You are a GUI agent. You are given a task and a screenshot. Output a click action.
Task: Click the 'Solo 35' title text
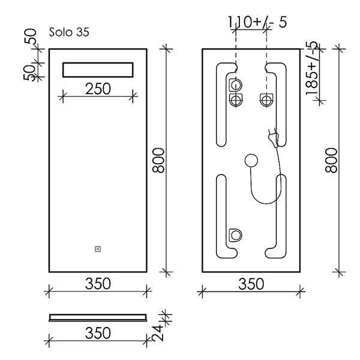tap(69, 32)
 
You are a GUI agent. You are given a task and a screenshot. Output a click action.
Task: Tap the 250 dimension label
tap(98, 89)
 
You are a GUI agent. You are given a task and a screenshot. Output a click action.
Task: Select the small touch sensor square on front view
tap(98, 249)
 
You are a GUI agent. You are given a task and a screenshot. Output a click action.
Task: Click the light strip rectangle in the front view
tap(98, 70)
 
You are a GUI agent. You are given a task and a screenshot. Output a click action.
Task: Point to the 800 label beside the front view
tap(158, 160)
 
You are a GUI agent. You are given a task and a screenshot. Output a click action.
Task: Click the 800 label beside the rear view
tap(331, 160)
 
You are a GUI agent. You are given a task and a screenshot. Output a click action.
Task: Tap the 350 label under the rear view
tap(251, 284)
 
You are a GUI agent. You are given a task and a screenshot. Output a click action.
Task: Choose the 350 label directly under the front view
tap(98, 284)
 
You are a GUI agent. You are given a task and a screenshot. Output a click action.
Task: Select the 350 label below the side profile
tap(98, 333)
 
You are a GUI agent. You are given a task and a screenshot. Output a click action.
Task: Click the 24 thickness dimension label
tap(158, 333)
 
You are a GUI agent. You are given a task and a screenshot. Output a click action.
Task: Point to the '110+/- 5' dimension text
tap(257, 22)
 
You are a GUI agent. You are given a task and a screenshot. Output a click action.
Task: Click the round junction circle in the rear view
tap(251, 160)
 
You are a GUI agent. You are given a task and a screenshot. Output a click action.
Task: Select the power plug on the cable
tap(274, 138)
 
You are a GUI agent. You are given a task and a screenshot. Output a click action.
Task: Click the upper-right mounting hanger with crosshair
tap(266, 100)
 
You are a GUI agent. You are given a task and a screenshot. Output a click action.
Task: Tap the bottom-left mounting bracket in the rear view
tap(235, 235)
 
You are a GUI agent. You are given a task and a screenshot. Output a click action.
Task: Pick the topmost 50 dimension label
tap(31, 36)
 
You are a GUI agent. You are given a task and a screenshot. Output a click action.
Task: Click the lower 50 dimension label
tap(29, 73)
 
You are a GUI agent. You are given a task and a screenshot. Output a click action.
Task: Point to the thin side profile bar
tap(98, 317)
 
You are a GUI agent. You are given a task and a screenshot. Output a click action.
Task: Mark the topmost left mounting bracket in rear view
tap(235, 85)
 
